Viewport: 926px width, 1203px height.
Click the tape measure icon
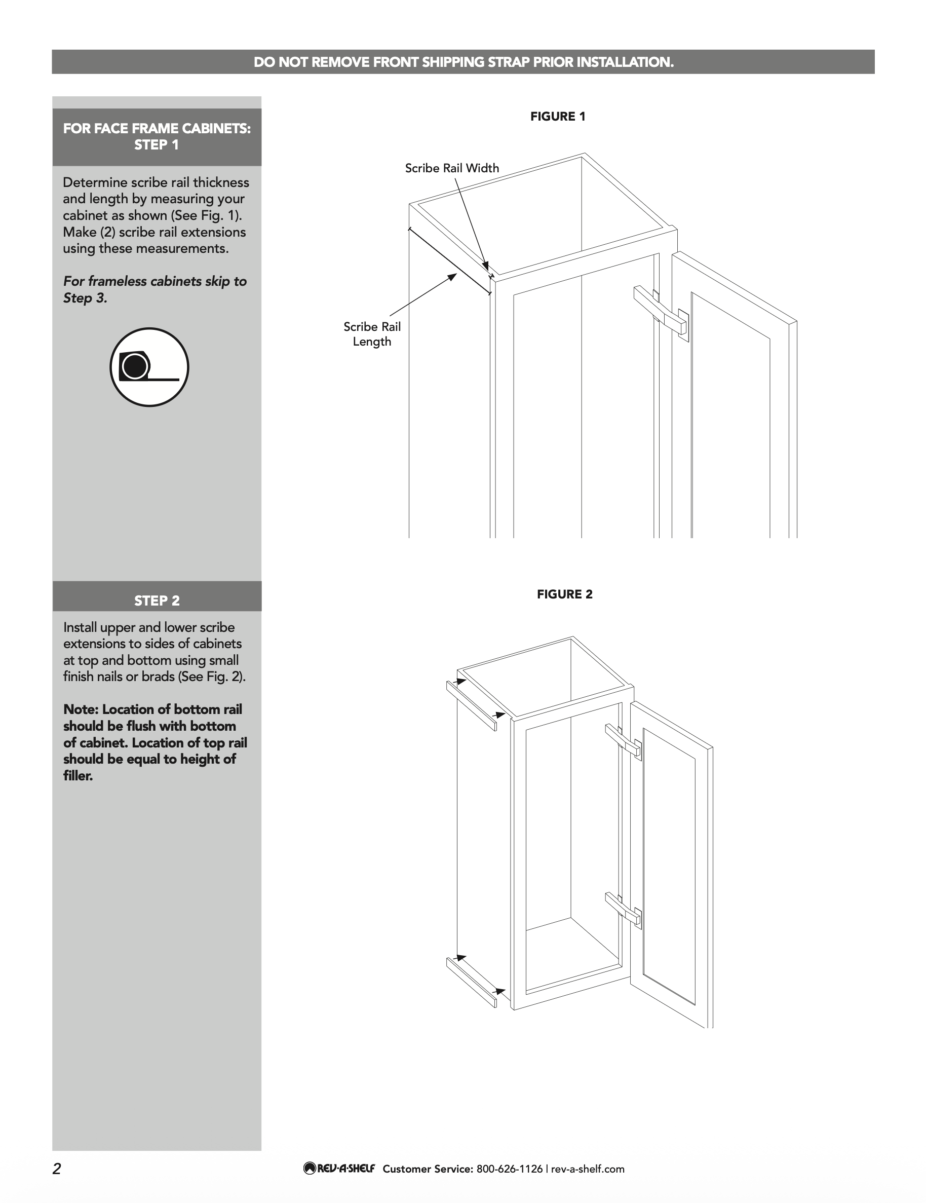coord(149,367)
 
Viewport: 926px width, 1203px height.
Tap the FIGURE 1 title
coord(557,116)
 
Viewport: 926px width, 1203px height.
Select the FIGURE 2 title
coord(564,594)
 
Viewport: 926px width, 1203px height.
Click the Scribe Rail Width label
coord(451,168)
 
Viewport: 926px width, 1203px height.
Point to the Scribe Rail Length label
coord(372,334)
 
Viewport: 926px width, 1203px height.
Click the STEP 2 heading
coord(157,600)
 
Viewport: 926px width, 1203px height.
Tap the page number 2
coord(57,1169)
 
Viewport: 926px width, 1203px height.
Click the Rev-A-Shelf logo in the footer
coord(338,1169)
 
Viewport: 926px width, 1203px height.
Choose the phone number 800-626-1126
coord(509,1169)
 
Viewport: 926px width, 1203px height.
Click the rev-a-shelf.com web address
coord(588,1169)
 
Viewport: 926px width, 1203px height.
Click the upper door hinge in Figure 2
coord(623,740)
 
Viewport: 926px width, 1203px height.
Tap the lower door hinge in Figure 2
coord(623,909)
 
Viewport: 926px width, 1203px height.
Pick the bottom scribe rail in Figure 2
coord(471,982)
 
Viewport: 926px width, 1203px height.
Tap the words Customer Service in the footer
coord(427,1169)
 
